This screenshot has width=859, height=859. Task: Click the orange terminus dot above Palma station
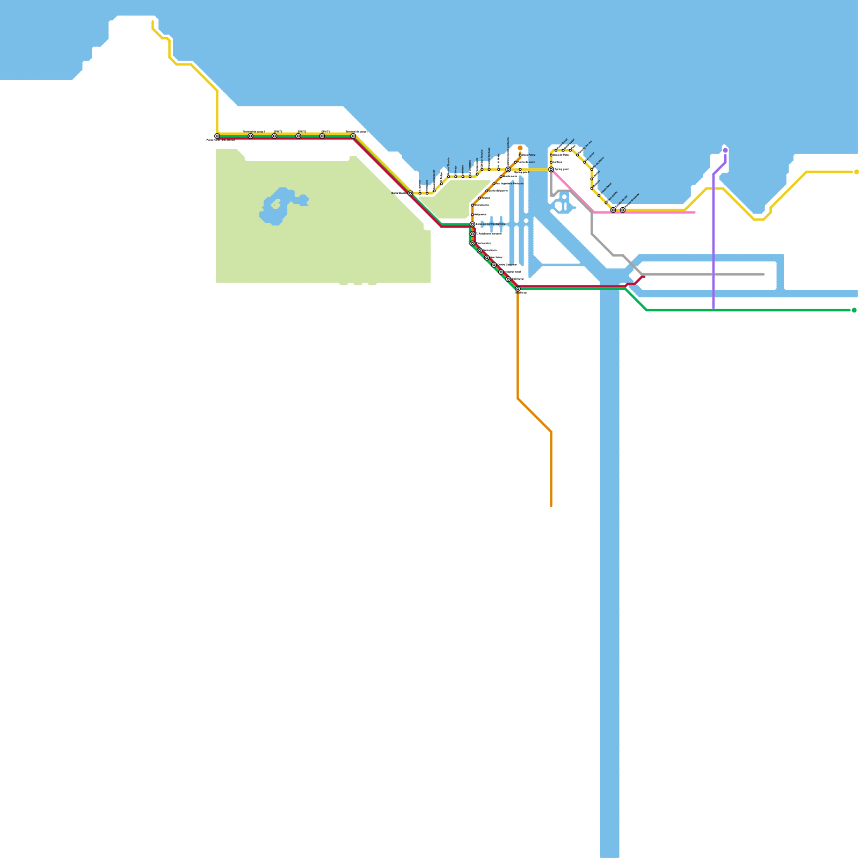[520, 148]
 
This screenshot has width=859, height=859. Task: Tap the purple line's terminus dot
[725, 150]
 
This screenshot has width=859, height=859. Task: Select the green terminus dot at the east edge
[854, 310]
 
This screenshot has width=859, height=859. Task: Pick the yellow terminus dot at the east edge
[856, 172]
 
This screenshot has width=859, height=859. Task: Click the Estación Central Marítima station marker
[472, 224]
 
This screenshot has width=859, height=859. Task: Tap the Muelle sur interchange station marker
[518, 289]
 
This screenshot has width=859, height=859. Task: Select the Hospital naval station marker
[501, 272]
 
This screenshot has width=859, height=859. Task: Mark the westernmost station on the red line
[217, 136]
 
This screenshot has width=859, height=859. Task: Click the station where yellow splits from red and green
[410, 193]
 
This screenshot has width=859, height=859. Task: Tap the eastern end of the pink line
[695, 213]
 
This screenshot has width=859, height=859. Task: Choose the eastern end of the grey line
[763, 274]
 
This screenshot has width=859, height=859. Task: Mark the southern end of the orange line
[551, 506]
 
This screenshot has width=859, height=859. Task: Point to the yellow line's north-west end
[153, 21]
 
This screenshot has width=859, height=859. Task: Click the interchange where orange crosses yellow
[508, 170]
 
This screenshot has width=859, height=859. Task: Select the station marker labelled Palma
[520, 155]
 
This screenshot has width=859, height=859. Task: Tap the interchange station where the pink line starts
[551, 170]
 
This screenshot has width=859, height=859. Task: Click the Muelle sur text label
[521, 293]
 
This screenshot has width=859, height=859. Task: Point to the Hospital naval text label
[513, 272]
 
